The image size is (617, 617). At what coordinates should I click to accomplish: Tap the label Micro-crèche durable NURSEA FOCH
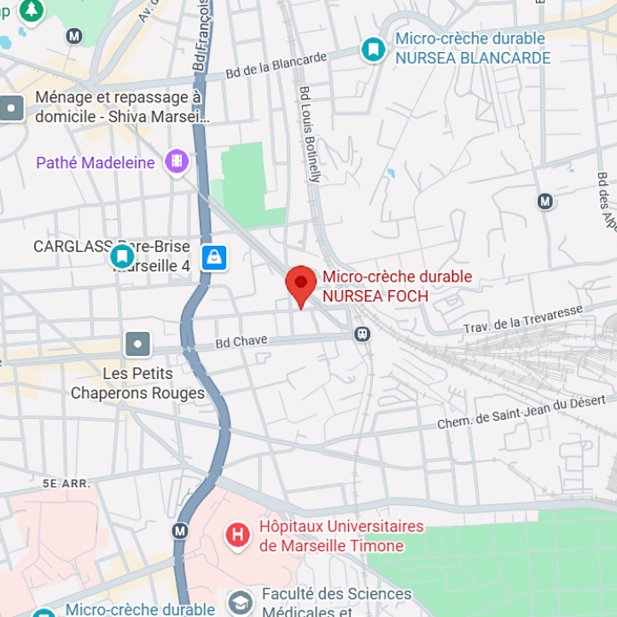pyautogui.click(x=397, y=287)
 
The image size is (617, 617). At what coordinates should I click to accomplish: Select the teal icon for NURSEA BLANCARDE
pyautogui.click(x=373, y=49)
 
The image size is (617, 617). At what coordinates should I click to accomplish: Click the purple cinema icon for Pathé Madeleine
pyautogui.click(x=177, y=160)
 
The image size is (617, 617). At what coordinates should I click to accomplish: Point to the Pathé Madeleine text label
pyautogui.click(x=96, y=162)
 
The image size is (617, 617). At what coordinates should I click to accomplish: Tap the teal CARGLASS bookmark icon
pyautogui.click(x=123, y=255)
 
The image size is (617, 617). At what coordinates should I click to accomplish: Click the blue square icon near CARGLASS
pyautogui.click(x=214, y=256)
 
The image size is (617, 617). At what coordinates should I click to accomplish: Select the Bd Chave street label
pyautogui.click(x=242, y=341)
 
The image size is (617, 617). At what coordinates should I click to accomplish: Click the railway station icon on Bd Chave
pyautogui.click(x=363, y=334)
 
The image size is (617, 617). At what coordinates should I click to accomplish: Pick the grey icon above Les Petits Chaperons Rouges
pyautogui.click(x=137, y=345)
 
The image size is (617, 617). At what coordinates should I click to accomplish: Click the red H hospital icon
pyautogui.click(x=237, y=535)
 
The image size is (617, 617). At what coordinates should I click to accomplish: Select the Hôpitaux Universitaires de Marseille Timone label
pyautogui.click(x=341, y=536)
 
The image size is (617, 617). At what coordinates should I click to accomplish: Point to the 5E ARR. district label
pyautogui.click(x=67, y=483)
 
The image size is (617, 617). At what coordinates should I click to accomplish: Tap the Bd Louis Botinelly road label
pyautogui.click(x=310, y=133)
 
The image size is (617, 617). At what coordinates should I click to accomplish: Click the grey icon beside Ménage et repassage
pyautogui.click(x=12, y=108)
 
